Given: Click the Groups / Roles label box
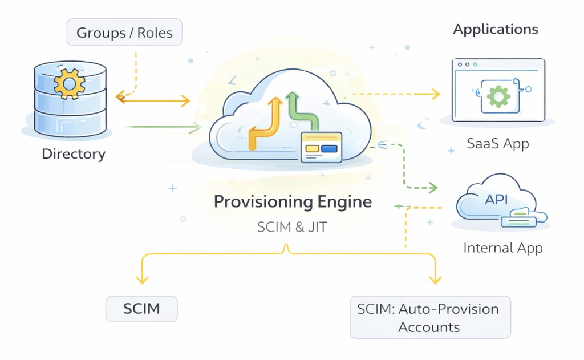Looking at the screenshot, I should [x=124, y=33].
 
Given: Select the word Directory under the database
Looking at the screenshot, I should [x=74, y=154].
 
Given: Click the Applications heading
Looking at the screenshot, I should [x=495, y=30].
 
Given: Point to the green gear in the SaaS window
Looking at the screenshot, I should [x=498, y=96].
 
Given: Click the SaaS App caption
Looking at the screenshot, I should [x=497, y=143].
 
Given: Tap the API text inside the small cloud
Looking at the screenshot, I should [x=496, y=201].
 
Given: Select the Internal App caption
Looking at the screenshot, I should [x=502, y=248].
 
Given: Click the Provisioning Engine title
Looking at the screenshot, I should [x=293, y=202].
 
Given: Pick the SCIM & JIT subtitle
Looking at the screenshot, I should [x=292, y=226].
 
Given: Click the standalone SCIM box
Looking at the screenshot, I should [x=141, y=309].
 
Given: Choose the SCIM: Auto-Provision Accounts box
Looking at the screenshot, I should [x=429, y=318].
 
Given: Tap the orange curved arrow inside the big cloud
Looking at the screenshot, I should [x=266, y=123].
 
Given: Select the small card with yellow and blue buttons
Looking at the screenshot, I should [x=321, y=148].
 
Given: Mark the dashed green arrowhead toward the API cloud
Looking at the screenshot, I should [x=433, y=187].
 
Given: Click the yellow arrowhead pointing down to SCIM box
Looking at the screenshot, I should [x=141, y=280].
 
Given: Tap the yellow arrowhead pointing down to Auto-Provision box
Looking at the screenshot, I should [x=435, y=280].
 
